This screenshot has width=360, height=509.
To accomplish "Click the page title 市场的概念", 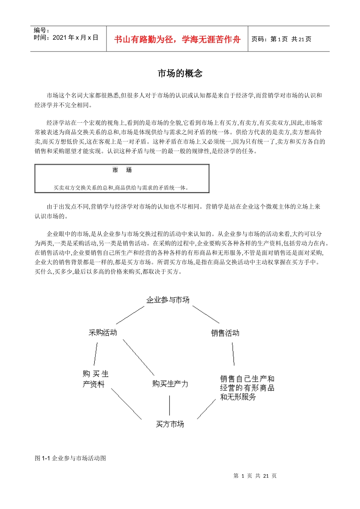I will pos(180,73).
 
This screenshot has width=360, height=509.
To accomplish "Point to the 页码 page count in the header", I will pos(281,39).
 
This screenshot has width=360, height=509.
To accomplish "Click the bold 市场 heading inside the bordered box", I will pos(122,170).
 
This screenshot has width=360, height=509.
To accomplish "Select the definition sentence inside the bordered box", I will pos(121,187).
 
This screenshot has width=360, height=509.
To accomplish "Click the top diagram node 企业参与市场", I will pos(168,300).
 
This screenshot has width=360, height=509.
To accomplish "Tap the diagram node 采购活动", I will pos(103,333).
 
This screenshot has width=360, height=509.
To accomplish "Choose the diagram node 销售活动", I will pos(225,333).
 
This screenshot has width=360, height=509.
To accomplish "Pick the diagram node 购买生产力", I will pos(170,384).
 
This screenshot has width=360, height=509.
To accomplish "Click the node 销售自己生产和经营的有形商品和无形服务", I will pos(247,387).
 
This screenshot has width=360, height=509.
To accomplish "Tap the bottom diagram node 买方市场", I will pos(170,424).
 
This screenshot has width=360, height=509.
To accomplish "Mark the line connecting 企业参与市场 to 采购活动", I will pos(130,315).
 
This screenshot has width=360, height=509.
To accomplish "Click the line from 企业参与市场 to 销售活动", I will pos(206,314).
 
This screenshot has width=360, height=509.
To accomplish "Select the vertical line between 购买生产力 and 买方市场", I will pos(169,405).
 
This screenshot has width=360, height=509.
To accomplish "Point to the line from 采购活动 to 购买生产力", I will pos(138,357).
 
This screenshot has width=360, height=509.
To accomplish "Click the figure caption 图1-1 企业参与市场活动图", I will pos(70,458).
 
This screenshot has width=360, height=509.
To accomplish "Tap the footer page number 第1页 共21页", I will pos(255,476).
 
